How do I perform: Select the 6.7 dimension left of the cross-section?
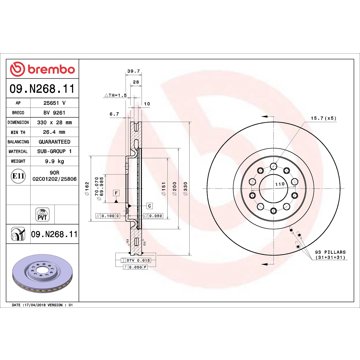[x=115, y=114]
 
